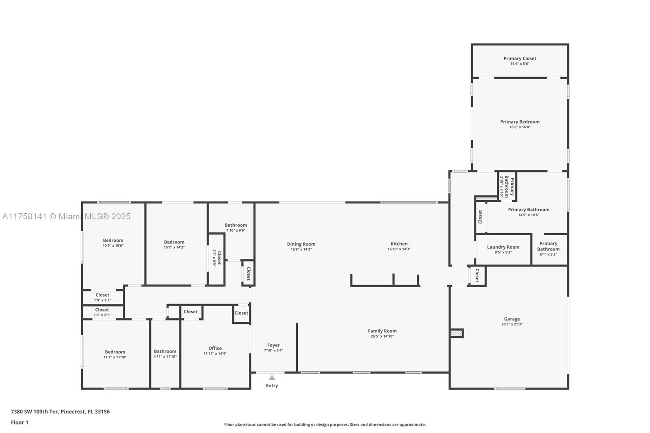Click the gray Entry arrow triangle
pyautogui.click(x=272, y=378)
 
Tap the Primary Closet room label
pyautogui.click(x=520, y=58)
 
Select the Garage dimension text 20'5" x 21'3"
pyautogui.click(x=511, y=324)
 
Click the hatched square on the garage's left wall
pyautogui.click(x=457, y=333)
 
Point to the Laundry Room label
pyautogui.click(x=503, y=247)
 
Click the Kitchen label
pyautogui.click(x=399, y=244)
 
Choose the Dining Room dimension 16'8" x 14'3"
pyautogui.click(x=301, y=249)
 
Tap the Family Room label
pyautogui.click(x=382, y=331)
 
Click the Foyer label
pyautogui.click(x=273, y=345)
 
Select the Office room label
pyautogui.click(x=215, y=348)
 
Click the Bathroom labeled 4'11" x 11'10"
pyautogui.click(x=165, y=351)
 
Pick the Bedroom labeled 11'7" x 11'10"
pyautogui.click(x=115, y=352)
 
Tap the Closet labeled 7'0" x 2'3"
pyautogui.click(x=102, y=295)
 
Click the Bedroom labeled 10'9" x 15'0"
pyautogui.click(x=113, y=240)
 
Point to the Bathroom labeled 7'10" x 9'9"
pyautogui.click(x=236, y=225)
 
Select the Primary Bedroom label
pyautogui.click(x=520, y=122)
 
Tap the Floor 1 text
pyautogui.click(x=19, y=422)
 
